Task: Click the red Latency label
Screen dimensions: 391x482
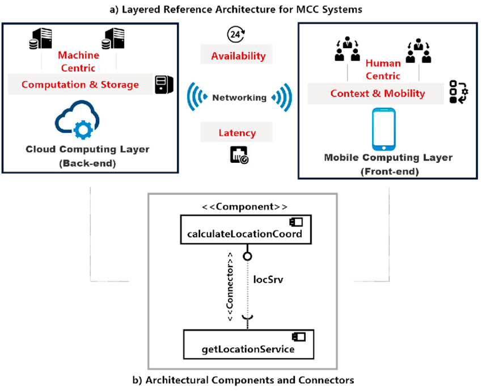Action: coord(237,133)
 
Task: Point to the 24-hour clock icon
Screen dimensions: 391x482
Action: coord(235,35)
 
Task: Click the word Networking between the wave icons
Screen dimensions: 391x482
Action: coord(239,98)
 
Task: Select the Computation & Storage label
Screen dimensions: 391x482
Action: coord(80,85)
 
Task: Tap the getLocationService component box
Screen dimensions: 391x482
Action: coord(248,343)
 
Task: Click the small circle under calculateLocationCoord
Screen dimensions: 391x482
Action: coord(247,257)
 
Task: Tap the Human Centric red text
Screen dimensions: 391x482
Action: coord(383,69)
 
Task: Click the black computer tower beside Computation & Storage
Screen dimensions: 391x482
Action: coord(164,85)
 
